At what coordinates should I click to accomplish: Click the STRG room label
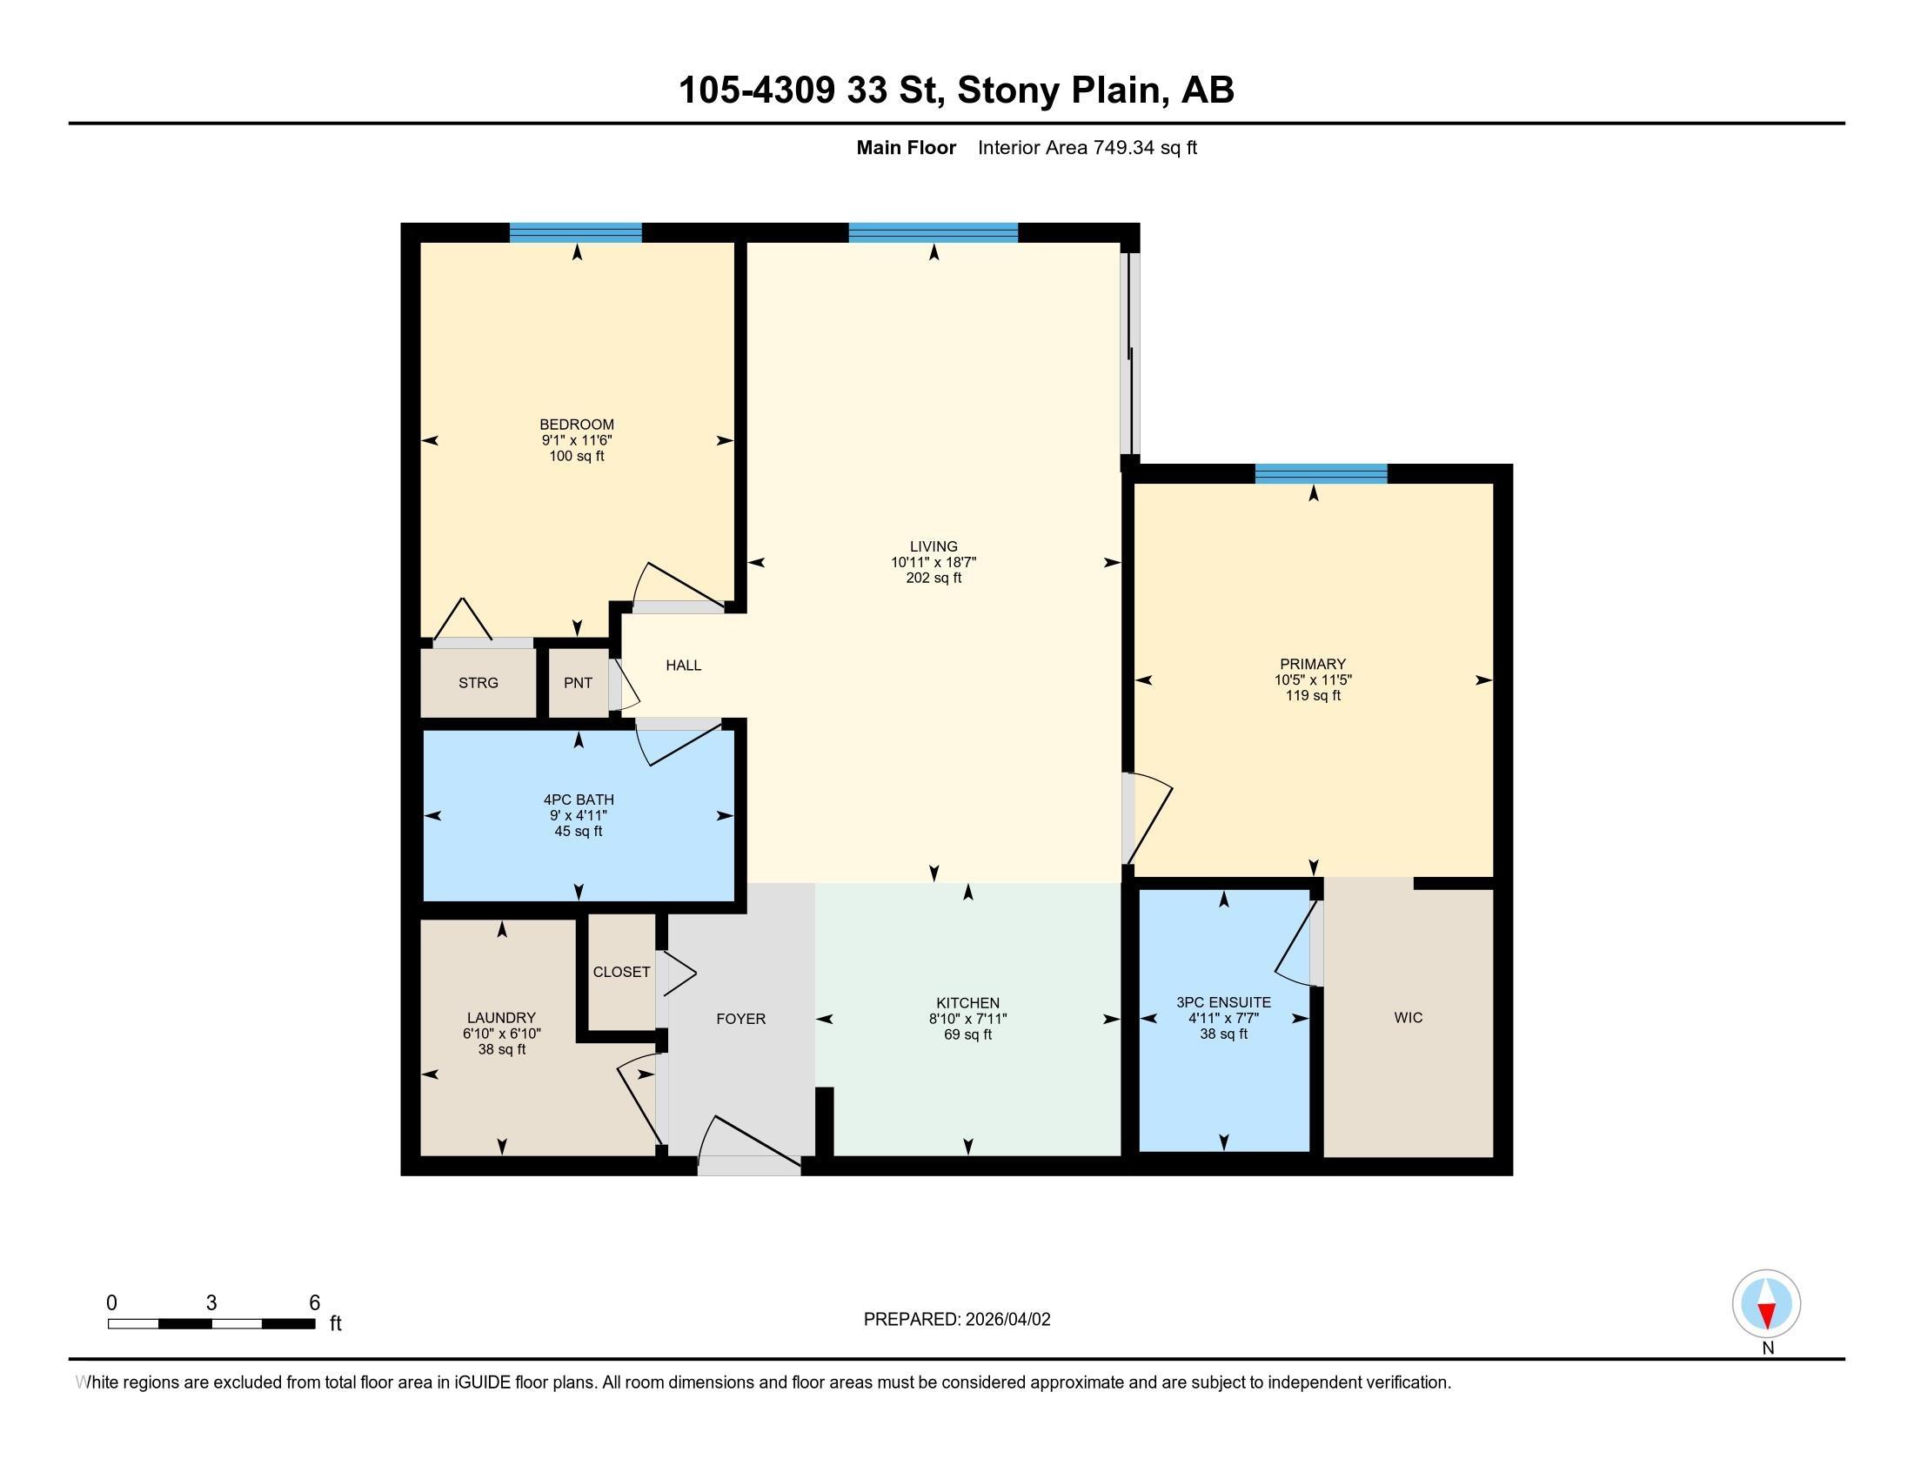point(478,683)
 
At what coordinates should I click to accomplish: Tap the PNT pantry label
point(578,683)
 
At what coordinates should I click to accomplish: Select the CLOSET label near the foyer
point(621,972)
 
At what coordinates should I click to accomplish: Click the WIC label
point(1408,1017)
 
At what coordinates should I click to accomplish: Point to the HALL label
point(683,665)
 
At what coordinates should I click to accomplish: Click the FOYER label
point(740,1018)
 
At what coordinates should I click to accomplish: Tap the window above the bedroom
point(576,233)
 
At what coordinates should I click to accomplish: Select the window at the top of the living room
point(933,233)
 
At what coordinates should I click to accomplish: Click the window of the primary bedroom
point(1320,474)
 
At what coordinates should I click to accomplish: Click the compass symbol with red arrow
point(1766,1304)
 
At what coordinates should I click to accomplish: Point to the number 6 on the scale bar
point(315,1303)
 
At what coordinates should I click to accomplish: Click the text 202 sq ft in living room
point(934,579)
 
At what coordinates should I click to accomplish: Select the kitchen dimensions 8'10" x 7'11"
point(967,1019)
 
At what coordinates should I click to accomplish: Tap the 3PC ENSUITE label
point(1223,1001)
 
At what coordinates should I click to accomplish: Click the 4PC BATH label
point(579,799)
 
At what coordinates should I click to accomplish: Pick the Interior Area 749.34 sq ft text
point(1087,148)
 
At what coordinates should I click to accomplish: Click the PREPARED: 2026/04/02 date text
point(956,1320)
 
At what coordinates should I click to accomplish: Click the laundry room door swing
point(639,1099)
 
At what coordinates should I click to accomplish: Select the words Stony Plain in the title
point(1059,90)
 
